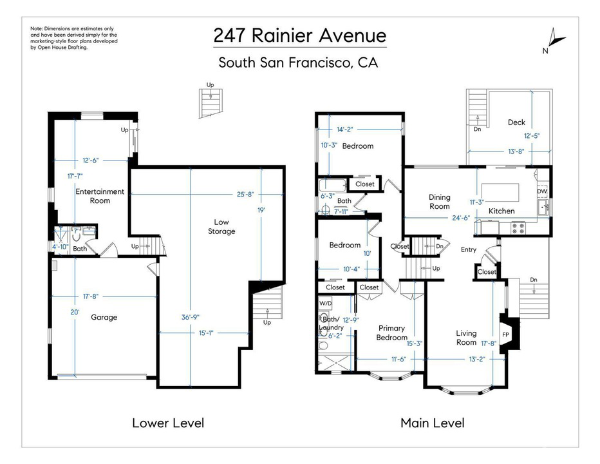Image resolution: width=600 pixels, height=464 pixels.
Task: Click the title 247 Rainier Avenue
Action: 299,35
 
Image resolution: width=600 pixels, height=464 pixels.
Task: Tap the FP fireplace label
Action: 505,334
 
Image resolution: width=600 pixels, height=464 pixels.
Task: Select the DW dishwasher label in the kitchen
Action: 542,191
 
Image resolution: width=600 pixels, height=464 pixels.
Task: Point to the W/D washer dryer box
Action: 326,303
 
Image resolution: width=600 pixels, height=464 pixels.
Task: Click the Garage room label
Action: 104,317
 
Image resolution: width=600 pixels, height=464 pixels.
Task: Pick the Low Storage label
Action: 221,226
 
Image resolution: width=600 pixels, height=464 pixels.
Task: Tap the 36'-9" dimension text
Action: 191,317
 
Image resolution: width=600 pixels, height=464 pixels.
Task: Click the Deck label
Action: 516,122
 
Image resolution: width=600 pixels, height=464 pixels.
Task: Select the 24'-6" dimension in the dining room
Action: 460,218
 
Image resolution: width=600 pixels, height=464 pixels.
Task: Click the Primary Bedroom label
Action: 391,333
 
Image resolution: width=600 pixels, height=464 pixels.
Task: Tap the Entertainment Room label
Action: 100,196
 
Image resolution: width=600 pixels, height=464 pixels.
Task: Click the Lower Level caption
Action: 168,423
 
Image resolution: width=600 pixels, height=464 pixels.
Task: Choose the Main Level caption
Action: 433,423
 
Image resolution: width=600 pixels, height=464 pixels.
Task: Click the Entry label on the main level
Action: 469,249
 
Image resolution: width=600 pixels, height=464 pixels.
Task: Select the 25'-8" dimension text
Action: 245,194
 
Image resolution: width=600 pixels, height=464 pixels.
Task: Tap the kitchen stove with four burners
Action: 518,228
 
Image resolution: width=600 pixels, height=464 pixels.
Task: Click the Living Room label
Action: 466,338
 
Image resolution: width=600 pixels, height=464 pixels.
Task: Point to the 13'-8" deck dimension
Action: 516,151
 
